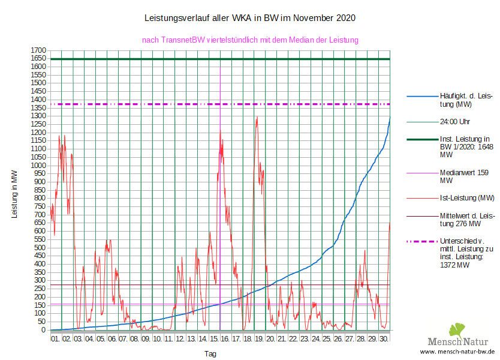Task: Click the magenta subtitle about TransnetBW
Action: point(250,40)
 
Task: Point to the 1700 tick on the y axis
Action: point(38,50)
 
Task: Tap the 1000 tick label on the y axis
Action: point(38,165)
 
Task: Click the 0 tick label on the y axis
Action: point(44,329)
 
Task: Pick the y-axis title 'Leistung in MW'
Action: point(14,193)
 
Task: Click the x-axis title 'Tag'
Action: point(210,353)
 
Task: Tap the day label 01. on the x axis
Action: point(55,339)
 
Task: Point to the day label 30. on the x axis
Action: point(384,339)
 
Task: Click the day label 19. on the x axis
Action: point(260,339)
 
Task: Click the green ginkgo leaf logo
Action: point(457,330)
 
